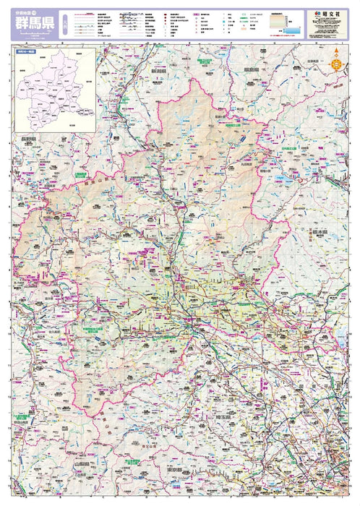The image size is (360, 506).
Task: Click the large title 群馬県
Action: click(x=33, y=23)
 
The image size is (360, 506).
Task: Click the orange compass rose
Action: click(x=335, y=63)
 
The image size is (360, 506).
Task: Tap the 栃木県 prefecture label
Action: click(x=320, y=233)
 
